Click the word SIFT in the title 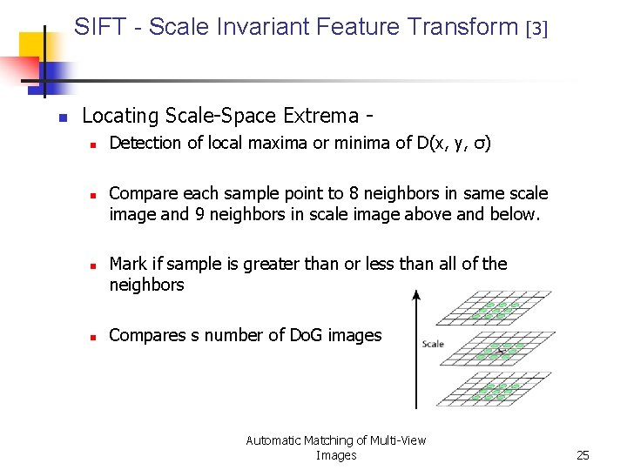point(99,27)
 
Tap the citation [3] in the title point(537,29)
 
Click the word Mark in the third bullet point(128,264)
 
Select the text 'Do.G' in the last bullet point(309,335)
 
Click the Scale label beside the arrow point(433,344)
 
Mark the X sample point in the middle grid point(499,349)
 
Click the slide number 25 point(583,455)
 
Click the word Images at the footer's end point(336,455)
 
